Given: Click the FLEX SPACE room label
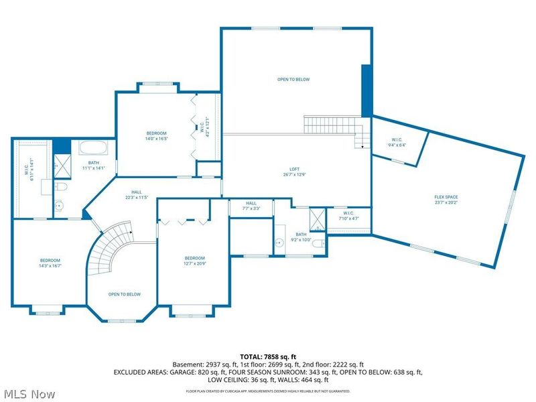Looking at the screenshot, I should pos(446,197).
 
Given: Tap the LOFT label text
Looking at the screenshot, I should pos(294,169).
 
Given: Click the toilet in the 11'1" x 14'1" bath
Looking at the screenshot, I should pos(60,187).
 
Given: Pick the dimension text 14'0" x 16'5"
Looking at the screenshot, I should pos(156,139).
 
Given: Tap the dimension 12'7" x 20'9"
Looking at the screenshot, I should pos(195,264).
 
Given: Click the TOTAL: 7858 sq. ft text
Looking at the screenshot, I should pos(268,356).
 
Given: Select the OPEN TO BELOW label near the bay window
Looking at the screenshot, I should pos(125,294).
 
